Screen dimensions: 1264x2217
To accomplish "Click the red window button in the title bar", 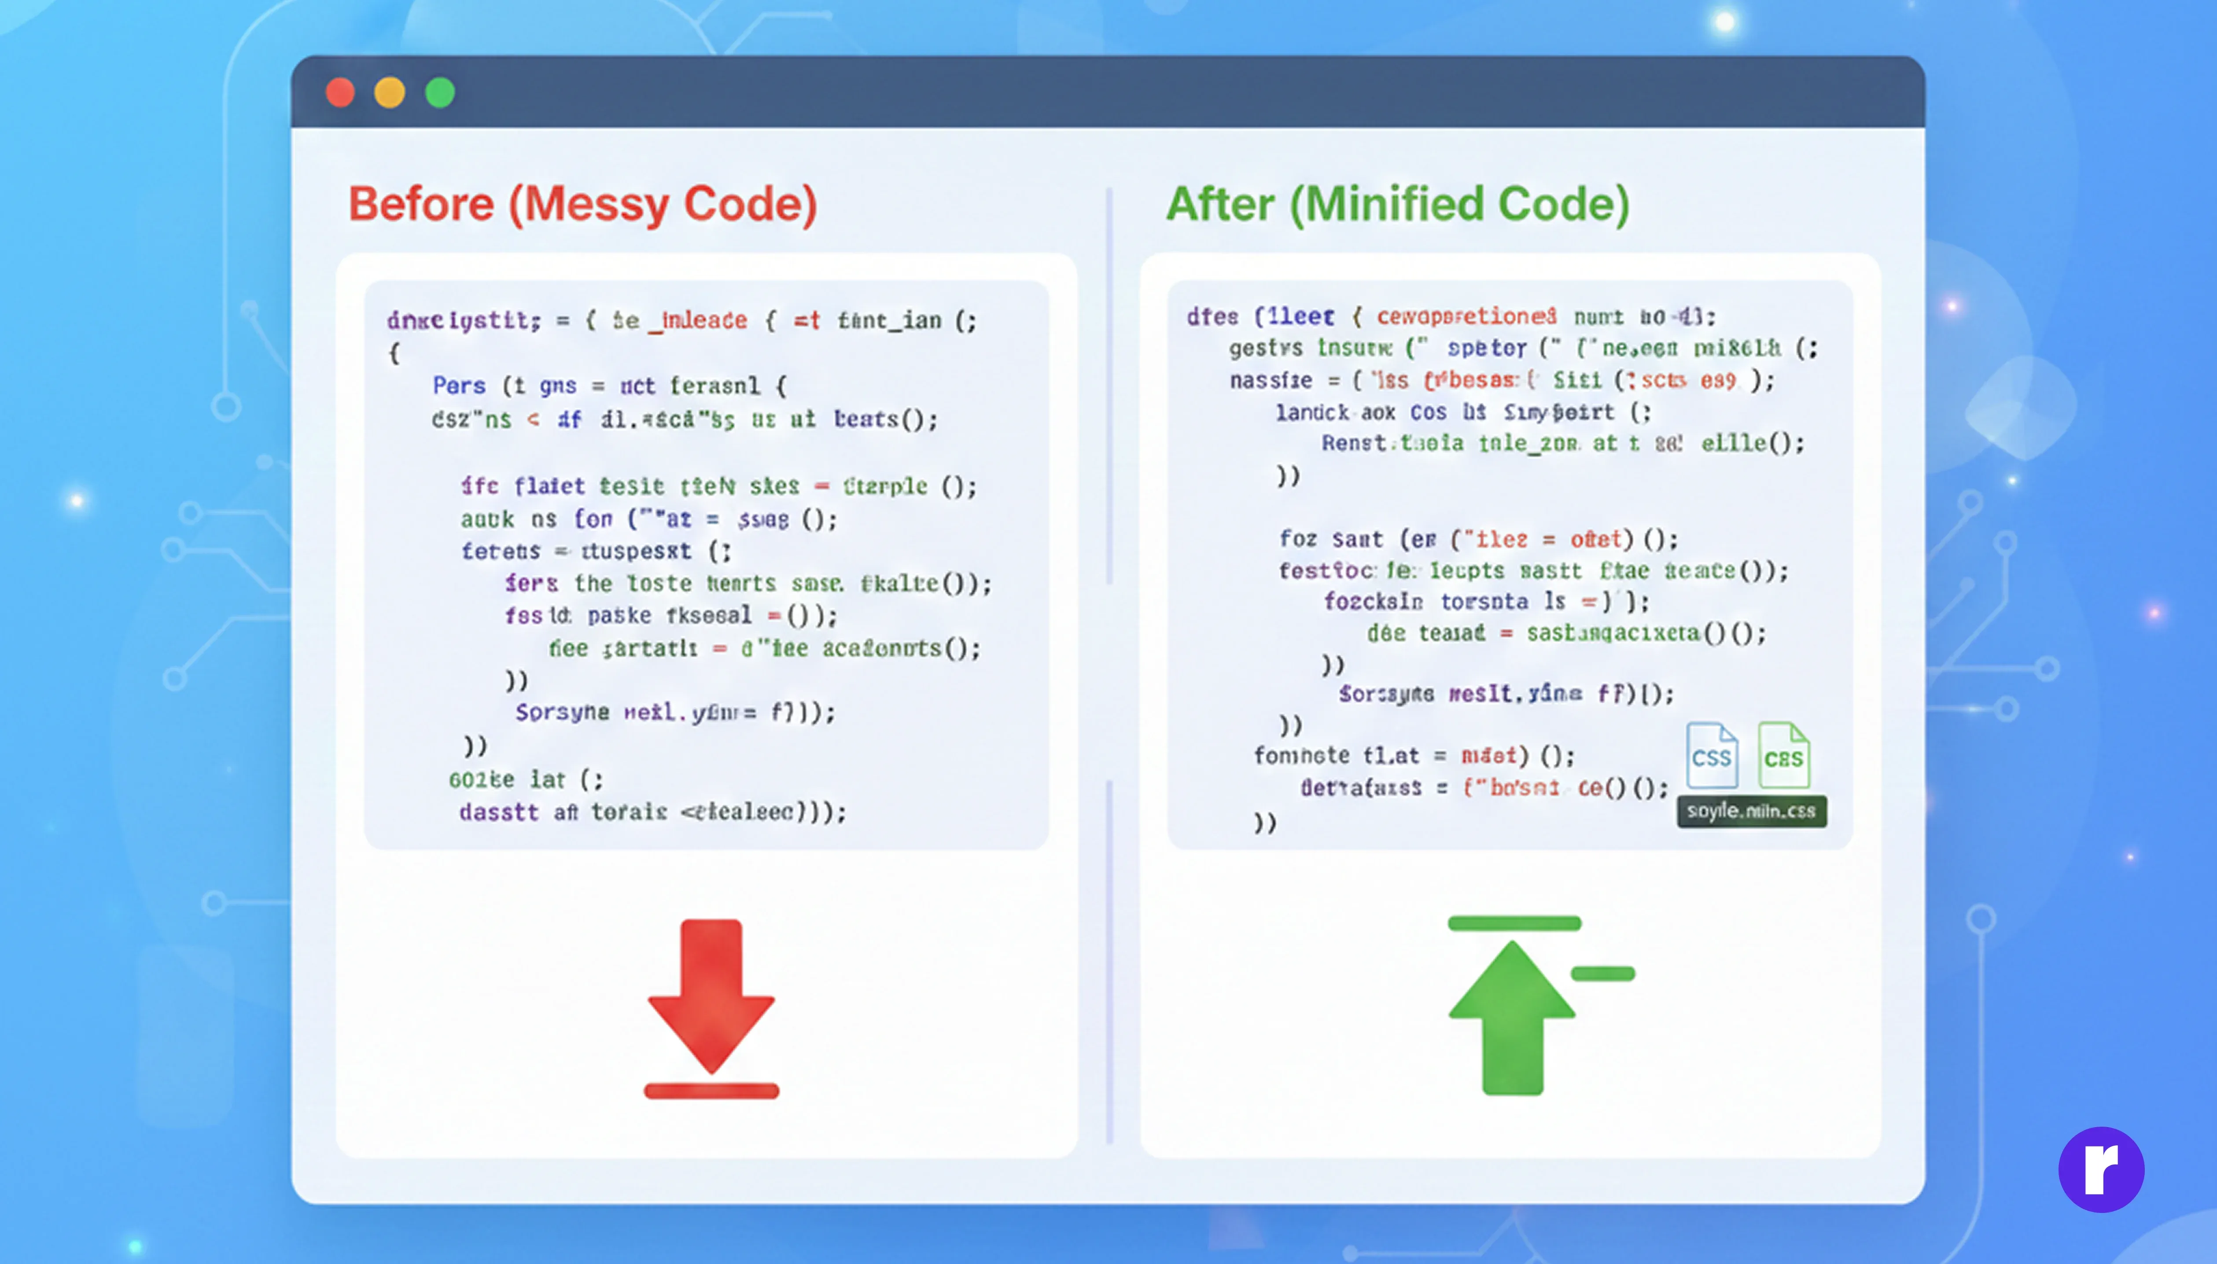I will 339,92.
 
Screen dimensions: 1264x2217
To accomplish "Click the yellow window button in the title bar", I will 389,92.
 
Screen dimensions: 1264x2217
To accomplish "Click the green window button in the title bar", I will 439,92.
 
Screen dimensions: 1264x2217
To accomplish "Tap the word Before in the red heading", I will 421,205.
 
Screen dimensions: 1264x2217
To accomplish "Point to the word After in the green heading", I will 1220,205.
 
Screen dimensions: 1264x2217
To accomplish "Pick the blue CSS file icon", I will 1712,755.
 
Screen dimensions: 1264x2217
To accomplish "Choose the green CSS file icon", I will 1784,755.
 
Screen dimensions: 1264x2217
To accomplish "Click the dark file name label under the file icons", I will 1751,811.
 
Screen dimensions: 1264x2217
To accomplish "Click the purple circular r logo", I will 2101,1169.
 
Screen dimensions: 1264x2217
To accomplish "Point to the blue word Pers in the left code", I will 459,386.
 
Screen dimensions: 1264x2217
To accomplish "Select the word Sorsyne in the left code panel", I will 562,713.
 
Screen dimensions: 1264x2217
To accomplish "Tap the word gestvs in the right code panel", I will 1265,348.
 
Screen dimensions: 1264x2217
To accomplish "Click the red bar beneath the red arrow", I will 711,1091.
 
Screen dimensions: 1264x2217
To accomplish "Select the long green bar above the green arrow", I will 1514,923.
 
